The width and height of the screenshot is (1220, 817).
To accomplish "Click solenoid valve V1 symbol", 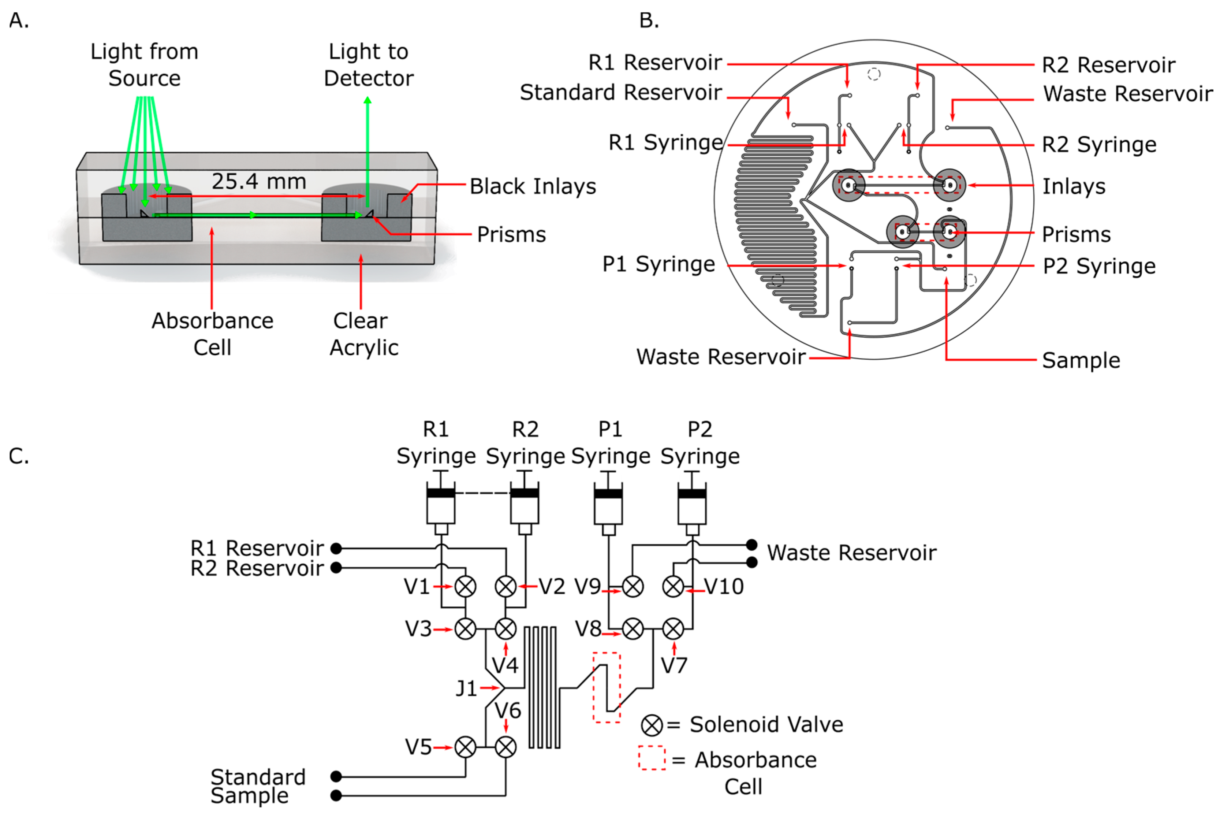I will pyautogui.click(x=465, y=586).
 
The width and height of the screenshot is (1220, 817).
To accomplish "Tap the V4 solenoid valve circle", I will pyautogui.click(x=505, y=629).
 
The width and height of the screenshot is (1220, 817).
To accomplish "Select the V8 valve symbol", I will pyautogui.click(x=633, y=629).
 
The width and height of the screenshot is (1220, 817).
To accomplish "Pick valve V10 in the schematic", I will pyautogui.click(x=673, y=586).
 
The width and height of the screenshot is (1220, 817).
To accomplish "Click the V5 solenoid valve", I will pyautogui.click(x=465, y=747).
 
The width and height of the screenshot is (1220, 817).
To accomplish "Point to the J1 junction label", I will pyautogui.click(x=466, y=689).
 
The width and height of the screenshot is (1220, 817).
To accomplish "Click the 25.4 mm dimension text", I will pyautogui.click(x=259, y=181).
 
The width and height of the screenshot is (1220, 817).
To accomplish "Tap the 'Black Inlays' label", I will pyautogui.click(x=532, y=186).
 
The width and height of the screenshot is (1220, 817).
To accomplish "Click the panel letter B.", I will pyautogui.click(x=649, y=21).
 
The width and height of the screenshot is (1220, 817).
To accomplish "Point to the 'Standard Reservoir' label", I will pyautogui.click(x=621, y=92).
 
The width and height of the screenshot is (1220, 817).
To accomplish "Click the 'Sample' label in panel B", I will pyautogui.click(x=1081, y=360).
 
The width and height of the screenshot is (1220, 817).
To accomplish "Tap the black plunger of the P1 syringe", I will pyautogui.click(x=608, y=493).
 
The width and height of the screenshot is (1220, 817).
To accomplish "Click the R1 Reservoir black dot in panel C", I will pyautogui.click(x=336, y=548).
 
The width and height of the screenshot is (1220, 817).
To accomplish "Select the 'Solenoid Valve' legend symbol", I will pyautogui.click(x=652, y=725).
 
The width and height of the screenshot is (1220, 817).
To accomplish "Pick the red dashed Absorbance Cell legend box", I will pyautogui.click(x=652, y=758).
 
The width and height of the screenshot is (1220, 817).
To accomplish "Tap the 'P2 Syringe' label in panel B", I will pyautogui.click(x=1099, y=266).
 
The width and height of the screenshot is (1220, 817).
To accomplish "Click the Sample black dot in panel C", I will pyautogui.click(x=336, y=796).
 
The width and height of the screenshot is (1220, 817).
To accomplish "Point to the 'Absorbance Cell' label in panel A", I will pyautogui.click(x=212, y=334).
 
